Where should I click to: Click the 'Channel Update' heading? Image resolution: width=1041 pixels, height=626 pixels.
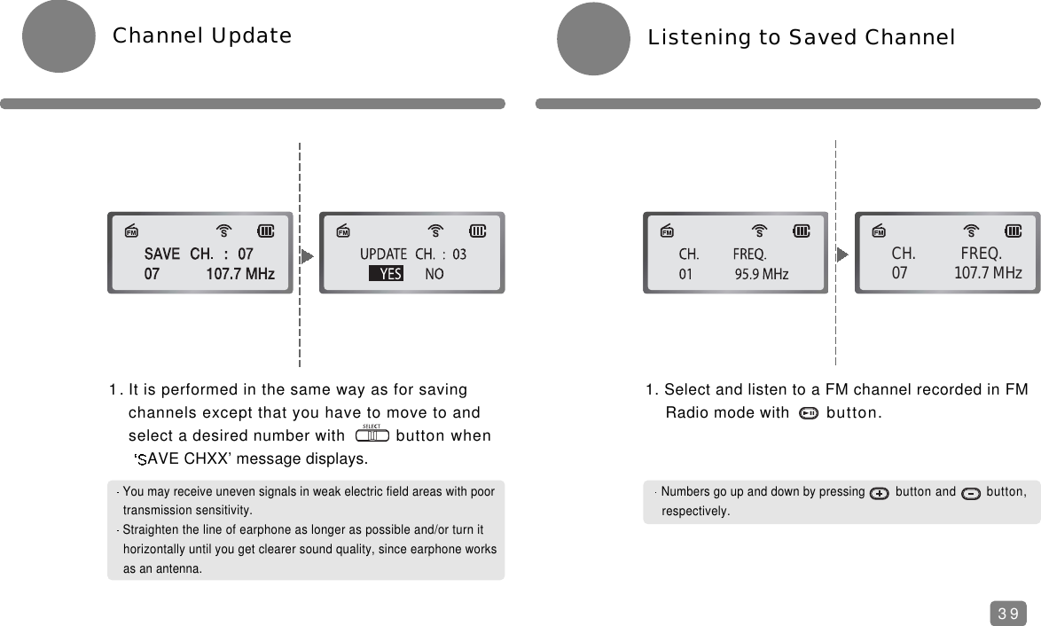(201, 36)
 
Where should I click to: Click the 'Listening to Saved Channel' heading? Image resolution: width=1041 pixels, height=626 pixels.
(802, 38)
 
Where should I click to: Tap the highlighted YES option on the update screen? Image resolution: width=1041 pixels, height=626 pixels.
(387, 275)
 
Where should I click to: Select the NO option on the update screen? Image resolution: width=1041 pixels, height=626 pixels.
(434, 275)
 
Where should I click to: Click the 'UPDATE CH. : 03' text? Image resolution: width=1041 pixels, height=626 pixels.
(412, 254)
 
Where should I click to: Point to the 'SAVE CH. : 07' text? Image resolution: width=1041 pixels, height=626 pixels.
(199, 254)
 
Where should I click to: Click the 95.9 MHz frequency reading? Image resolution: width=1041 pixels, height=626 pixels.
(762, 275)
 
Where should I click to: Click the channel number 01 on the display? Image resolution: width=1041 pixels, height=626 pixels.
(685, 275)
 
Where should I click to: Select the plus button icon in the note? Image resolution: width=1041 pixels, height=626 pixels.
(880, 493)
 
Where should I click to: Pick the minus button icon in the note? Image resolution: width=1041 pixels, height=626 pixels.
(970, 493)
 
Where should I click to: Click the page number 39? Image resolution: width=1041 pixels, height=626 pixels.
(1007, 614)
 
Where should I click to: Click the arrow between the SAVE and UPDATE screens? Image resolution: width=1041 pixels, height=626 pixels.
(307, 255)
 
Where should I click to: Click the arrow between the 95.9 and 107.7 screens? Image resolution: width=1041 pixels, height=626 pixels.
(842, 254)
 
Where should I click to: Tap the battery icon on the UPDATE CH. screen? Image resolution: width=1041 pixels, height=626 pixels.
(478, 231)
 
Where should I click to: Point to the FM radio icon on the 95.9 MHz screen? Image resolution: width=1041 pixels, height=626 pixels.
(668, 232)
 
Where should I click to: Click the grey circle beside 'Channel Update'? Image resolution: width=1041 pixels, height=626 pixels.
(59, 36)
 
